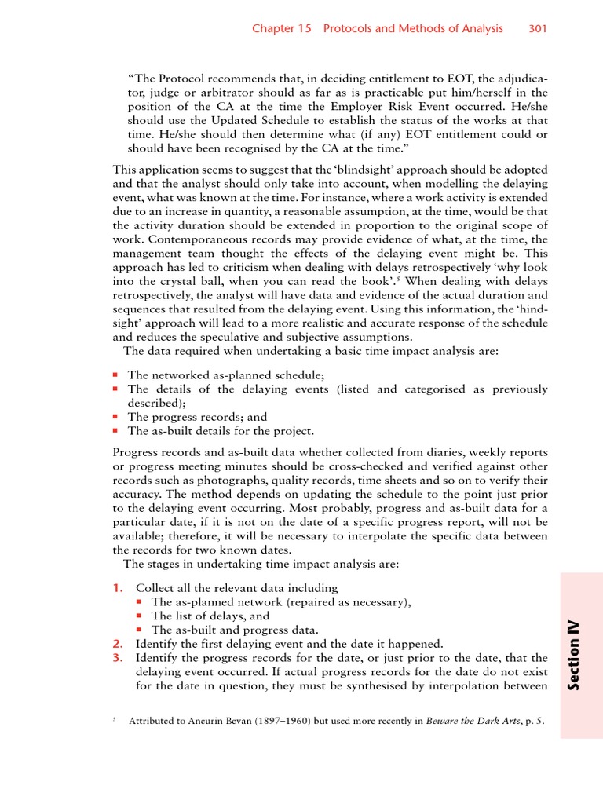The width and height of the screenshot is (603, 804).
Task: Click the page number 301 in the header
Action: [537, 29]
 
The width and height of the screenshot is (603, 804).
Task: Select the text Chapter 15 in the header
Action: [281, 29]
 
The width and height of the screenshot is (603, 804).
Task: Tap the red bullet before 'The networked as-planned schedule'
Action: [115, 375]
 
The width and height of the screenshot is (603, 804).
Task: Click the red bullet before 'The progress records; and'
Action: [115, 418]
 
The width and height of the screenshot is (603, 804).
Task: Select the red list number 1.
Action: [117, 588]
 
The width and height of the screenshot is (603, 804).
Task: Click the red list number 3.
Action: [117, 658]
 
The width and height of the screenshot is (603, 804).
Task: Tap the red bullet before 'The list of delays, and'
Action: [138, 616]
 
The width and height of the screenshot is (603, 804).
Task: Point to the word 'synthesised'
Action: [368, 686]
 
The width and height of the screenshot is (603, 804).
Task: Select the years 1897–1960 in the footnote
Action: [271, 721]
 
